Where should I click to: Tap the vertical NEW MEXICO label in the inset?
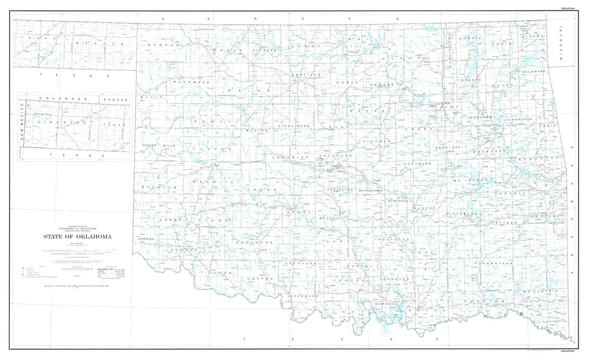pyautogui.click(x=22, y=122)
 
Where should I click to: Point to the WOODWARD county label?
pyautogui.click(x=191, y=82)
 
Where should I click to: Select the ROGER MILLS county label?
pyautogui.click(x=159, y=145)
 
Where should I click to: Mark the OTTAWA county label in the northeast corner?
pyautogui.click(x=533, y=36)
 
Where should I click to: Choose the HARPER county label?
pyautogui.click(x=163, y=45)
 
